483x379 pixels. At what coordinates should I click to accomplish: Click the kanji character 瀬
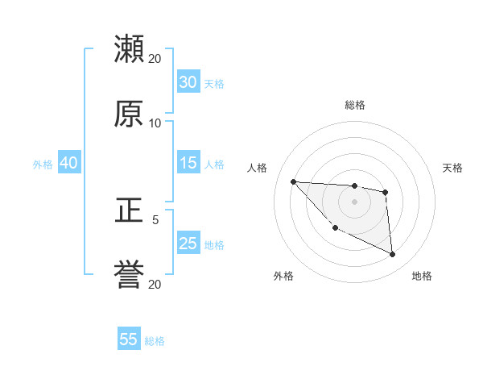coord(130,49)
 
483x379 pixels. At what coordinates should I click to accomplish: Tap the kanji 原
coord(130,114)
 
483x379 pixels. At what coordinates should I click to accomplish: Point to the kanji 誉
coord(130,275)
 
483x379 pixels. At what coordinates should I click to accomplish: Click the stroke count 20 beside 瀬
coord(155,59)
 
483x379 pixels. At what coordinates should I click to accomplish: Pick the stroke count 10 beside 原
coord(155,123)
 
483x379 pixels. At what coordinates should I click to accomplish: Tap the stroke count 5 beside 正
coord(155,219)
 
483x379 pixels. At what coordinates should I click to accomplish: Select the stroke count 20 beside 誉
coord(155,285)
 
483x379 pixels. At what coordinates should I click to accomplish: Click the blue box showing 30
coord(188,82)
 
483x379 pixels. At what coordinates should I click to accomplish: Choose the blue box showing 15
coord(188,163)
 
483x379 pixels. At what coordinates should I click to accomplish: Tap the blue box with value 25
coord(188,244)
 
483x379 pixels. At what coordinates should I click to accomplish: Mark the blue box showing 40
coord(69,163)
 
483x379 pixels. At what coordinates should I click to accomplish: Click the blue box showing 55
coord(129,339)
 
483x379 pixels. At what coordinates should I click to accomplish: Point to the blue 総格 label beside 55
coord(155,341)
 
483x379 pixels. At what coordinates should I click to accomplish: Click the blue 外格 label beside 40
coord(43,165)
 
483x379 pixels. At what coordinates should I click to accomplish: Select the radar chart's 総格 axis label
coord(355,105)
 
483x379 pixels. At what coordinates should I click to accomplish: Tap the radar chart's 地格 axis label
coord(422,277)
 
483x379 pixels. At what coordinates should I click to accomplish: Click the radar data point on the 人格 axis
coord(293,181)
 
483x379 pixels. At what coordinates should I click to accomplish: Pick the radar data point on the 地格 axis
coord(393,255)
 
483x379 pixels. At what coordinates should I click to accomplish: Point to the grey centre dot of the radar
coord(355,201)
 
